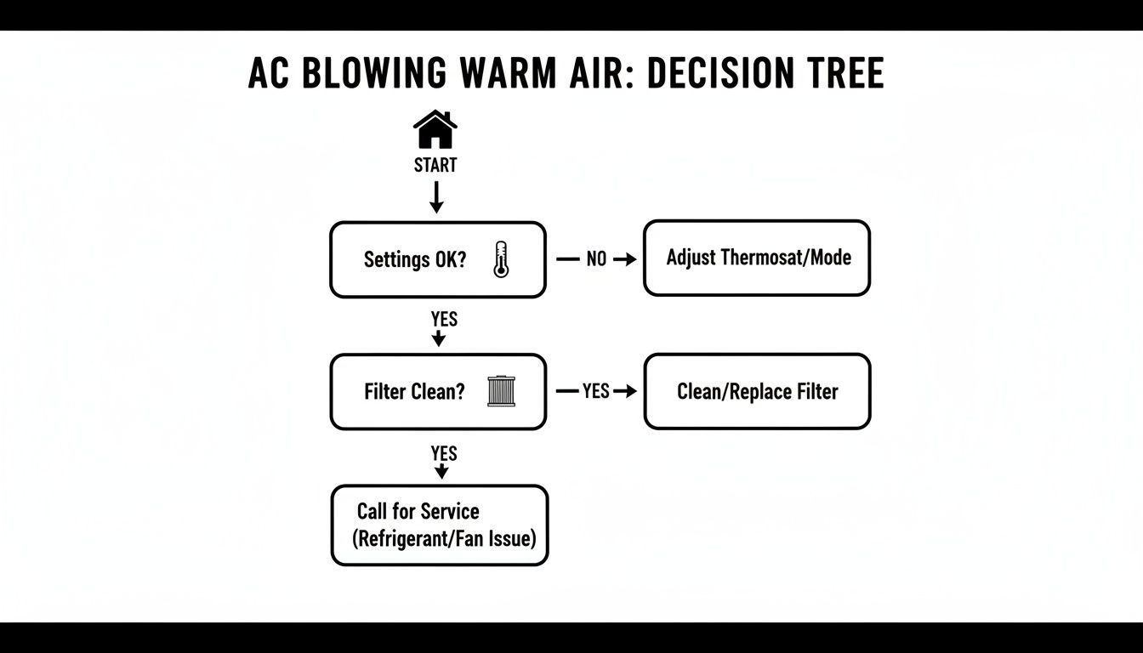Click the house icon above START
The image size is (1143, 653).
(x=435, y=130)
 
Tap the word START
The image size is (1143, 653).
(x=435, y=165)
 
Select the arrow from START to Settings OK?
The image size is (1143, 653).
(x=435, y=197)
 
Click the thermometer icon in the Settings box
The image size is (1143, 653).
(x=500, y=259)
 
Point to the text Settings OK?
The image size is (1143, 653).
(x=415, y=259)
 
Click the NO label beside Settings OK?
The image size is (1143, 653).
(x=596, y=259)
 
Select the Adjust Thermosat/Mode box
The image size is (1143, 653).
(x=757, y=258)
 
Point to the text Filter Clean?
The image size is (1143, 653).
(x=415, y=392)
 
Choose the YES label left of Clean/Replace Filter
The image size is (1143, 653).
(x=595, y=391)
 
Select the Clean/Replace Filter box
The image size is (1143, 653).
(x=757, y=391)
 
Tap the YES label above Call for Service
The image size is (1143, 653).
(x=444, y=453)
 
